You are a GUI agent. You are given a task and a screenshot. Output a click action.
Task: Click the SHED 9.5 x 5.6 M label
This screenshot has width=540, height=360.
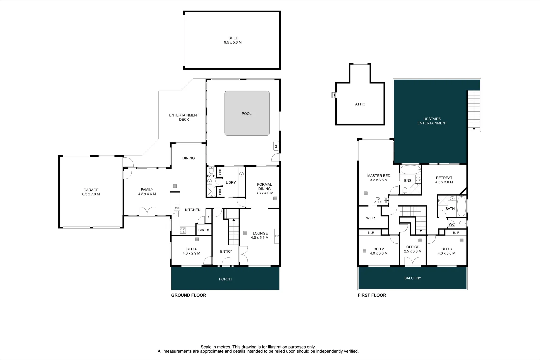[x=233, y=40]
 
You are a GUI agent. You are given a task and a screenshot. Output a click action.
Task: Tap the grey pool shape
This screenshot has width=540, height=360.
[x=247, y=113]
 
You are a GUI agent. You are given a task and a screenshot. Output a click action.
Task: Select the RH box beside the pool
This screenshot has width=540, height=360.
[x=276, y=146]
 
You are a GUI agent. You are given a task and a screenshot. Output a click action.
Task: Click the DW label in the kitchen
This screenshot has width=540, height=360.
[x=177, y=208]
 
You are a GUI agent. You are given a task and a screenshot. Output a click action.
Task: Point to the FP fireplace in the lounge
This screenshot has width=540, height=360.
[x=276, y=236]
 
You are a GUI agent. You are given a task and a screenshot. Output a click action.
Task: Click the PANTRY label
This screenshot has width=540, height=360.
[x=204, y=230]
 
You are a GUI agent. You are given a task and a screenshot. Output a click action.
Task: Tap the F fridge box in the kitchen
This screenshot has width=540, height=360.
[x=209, y=217]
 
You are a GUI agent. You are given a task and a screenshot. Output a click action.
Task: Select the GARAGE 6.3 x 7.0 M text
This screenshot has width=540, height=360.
[x=91, y=192]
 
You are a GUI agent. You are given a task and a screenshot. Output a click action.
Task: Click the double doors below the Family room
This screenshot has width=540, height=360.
[x=147, y=212]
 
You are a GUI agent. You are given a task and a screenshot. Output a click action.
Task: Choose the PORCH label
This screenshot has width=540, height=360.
[x=225, y=279]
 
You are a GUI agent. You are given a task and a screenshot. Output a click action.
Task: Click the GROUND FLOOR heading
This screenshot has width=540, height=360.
[x=189, y=295]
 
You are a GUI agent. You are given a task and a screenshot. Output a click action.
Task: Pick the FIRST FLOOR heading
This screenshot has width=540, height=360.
[x=372, y=295]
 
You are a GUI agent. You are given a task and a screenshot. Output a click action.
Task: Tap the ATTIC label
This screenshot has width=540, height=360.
[x=360, y=104]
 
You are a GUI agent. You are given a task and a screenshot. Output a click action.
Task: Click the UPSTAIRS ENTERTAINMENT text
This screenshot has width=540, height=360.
[x=432, y=121]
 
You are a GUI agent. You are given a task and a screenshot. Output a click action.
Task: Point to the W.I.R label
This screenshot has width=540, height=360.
[x=370, y=218]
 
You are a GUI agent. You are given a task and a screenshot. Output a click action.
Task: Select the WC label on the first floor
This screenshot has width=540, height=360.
[x=451, y=224]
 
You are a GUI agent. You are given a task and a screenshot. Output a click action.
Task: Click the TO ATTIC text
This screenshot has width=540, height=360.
[x=378, y=200]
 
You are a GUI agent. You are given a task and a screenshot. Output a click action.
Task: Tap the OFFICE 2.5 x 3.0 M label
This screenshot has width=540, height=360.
[x=413, y=249]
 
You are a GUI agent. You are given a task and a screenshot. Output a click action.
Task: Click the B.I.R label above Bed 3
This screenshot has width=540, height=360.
[x=456, y=233]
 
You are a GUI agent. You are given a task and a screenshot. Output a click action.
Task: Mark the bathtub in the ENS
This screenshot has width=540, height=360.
[x=410, y=170]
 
